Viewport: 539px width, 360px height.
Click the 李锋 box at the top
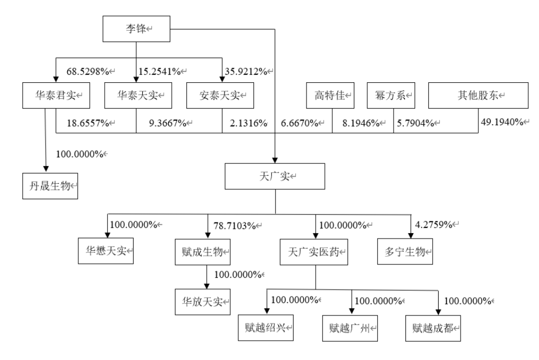[x=136, y=29]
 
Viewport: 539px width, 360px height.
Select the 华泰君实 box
[x=56, y=95]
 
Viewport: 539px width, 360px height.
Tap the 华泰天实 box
[x=138, y=95]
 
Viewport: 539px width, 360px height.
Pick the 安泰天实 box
[x=220, y=95]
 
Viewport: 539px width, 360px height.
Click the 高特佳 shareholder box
[x=330, y=95]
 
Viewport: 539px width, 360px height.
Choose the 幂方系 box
[x=391, y=95]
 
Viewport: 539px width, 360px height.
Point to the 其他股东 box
[x=478, y=95]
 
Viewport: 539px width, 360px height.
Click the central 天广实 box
[x=275, y=176]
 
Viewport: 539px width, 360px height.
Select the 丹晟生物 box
[x=50, y=186]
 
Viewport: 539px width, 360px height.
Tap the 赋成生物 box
[x=203, y=253]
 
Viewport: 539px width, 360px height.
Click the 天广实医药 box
[x=314, y=253]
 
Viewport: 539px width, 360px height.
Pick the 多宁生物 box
[x=405, y=251]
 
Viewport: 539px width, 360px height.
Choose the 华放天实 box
[x=203, y=302]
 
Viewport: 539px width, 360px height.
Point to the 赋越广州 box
[x=350, y=328]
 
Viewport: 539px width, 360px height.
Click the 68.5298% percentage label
[x=88, y=71]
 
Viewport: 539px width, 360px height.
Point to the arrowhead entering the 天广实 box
[x=275, y=160]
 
